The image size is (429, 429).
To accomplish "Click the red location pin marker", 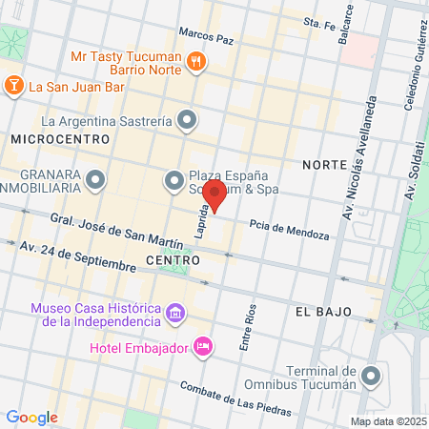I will pos(215,197).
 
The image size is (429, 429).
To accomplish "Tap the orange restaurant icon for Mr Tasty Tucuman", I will pos(196,61).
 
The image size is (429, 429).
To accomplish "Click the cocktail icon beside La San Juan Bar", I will pos(14,87).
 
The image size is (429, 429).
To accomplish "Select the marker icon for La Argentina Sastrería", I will pos(188,120).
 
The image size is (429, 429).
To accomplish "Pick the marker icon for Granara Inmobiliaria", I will pos(95,178).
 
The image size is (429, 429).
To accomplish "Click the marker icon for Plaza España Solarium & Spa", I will pos(174,178).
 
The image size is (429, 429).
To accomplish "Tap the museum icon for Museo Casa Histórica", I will pos(175,313).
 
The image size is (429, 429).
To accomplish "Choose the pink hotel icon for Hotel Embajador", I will pos(202,346).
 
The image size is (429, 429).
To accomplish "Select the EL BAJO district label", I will pos(323,312).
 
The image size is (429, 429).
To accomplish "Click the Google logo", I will pos(31,417).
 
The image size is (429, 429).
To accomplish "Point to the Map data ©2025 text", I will pos(386,421).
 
